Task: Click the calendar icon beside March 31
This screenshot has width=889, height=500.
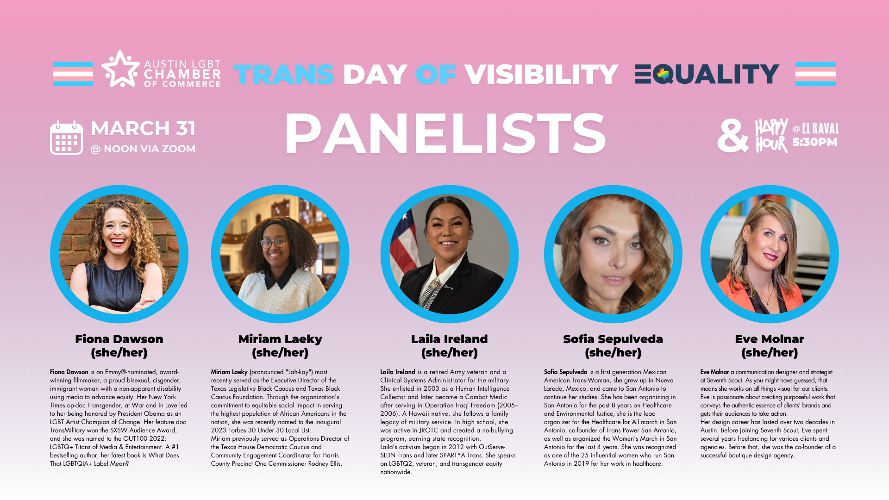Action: [66, 137]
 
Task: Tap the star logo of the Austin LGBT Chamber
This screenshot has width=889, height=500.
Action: [120, 69]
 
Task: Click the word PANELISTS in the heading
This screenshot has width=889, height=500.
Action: [445, 133]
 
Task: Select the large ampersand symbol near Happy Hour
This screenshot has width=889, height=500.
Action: [732, 136]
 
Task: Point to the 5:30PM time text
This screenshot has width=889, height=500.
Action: [815, 142]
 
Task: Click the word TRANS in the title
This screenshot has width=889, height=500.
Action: [284, 74]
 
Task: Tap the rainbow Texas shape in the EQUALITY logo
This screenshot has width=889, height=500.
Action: [663, 74]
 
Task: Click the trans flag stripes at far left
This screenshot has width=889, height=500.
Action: [73, 74]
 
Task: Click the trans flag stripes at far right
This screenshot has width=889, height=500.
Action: [815, 74]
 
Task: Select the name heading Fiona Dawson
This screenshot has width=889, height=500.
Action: [119, 339]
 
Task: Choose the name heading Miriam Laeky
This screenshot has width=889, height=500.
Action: [280, 339]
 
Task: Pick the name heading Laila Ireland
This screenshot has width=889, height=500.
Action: [449, 339]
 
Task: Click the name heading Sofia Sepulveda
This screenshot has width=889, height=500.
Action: [613, 339]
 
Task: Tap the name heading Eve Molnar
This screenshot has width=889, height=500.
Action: [770, 339]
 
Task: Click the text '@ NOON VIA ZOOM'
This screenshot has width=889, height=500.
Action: [143, 149]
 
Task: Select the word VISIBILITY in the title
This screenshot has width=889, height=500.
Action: [541, 74]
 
